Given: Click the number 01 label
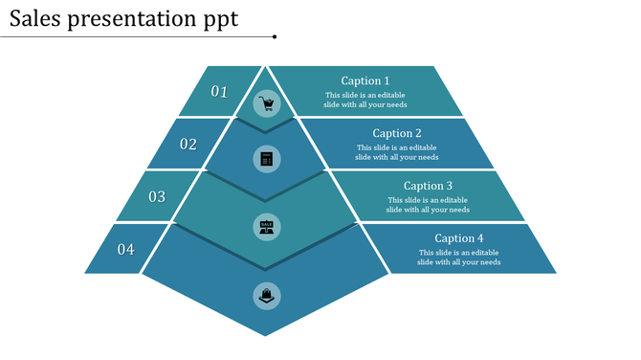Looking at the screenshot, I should [x=220, y=92].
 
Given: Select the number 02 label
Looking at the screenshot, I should [x=188, y=145].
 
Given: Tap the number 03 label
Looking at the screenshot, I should [x=157, y=197].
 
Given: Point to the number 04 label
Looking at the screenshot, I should [x=126, y=250].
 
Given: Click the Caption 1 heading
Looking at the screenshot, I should [x=365, y=81].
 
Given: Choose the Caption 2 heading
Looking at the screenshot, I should [x=397, y=134].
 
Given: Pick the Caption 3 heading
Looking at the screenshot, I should [x=428, y=186].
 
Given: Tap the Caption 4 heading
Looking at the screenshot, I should [x=459, y=238].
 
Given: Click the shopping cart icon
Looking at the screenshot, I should [x=267, y=103].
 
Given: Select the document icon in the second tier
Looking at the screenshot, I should [x=267, y=158].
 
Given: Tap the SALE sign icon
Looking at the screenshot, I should [x=267, y=227].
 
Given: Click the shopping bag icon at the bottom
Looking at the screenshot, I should [x=267, y=296].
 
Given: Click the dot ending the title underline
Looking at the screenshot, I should [x=275, y=37].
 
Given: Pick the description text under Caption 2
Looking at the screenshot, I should [x=397, y=152].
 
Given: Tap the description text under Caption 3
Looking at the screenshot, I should [x=428, y=205].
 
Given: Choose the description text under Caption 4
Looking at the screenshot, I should [x=459, y=257].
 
